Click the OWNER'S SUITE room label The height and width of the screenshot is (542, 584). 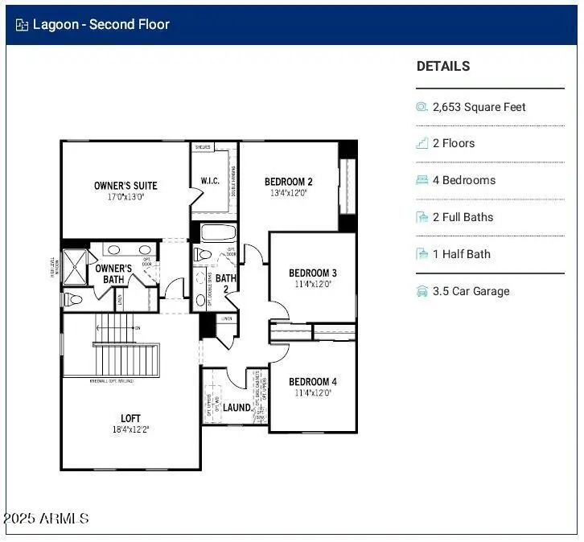pos(125,186)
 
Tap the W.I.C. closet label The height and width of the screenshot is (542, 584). pos(209,181)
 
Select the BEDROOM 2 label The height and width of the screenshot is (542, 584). pos(289,182)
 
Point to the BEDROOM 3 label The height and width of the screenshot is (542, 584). pos(312,273)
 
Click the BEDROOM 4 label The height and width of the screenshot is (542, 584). pos(312,381)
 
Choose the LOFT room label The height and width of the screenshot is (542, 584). pos(131,418)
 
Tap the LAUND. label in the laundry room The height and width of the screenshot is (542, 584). pos(237,408)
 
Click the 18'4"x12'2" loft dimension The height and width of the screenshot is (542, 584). pos(131,429)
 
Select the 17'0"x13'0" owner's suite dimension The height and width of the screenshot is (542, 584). pos(125,196)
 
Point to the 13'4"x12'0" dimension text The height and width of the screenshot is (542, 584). pos(289,193)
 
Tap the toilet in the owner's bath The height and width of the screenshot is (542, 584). pos(72,299)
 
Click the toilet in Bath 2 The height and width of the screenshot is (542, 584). pos(203,255)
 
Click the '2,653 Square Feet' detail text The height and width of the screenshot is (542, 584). pos(479,107)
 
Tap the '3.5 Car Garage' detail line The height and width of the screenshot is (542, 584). pos(471,291)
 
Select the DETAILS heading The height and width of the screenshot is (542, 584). pos(443,67)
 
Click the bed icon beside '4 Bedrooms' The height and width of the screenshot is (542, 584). pos(422,180)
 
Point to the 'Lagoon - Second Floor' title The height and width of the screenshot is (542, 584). pos(101,24)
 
